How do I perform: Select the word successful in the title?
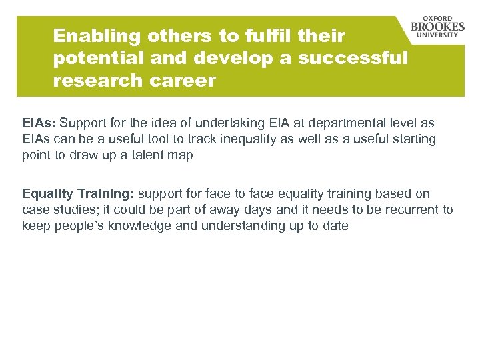tap(353, 58)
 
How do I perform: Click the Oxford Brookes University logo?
tap(437, 27)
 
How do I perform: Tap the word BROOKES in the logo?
tap(437, 27)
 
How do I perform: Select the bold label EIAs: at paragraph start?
tap(39, 123)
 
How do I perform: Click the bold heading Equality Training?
tap(78, 193)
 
